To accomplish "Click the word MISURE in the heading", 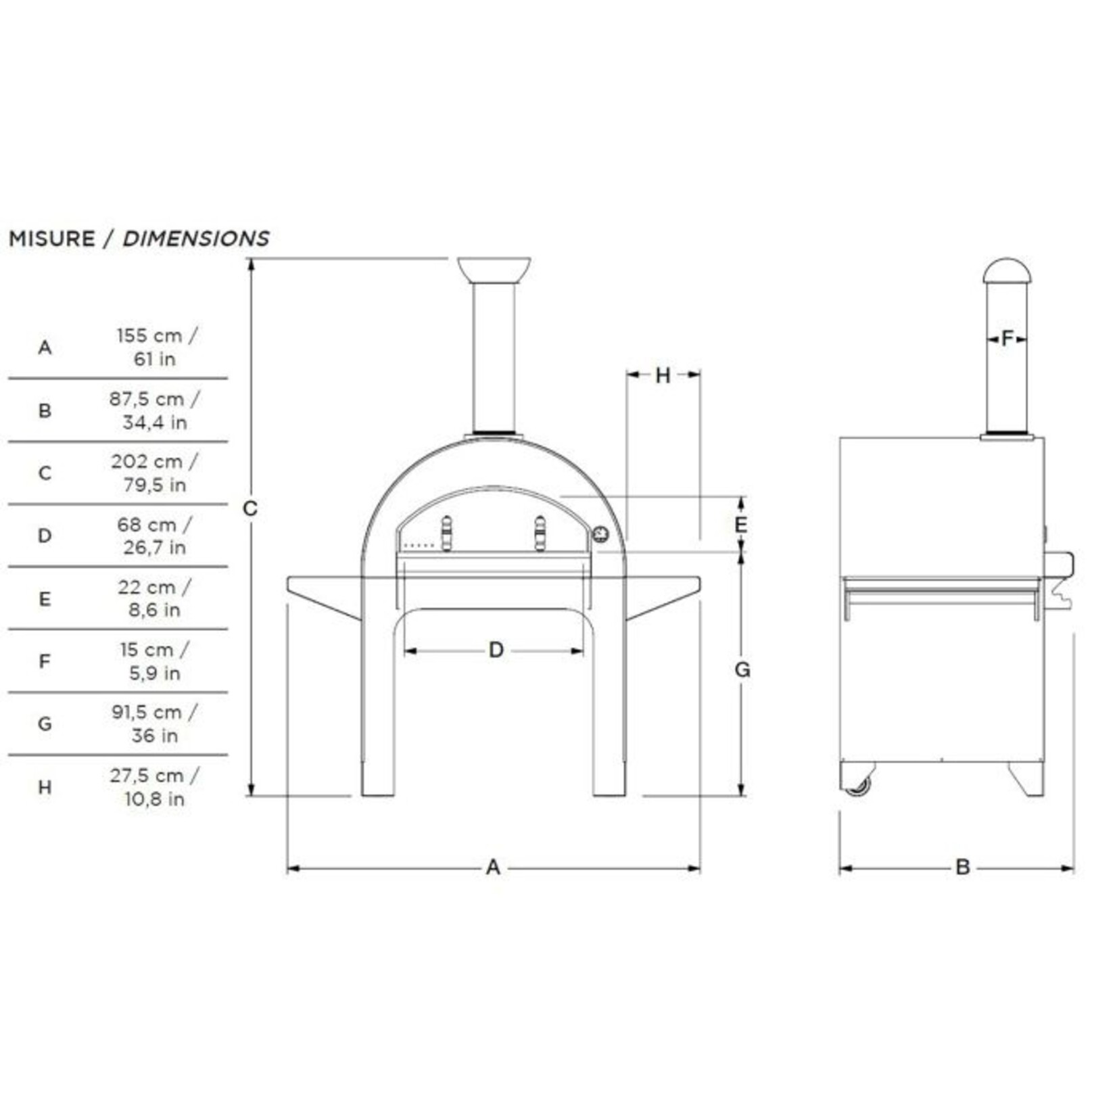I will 51,239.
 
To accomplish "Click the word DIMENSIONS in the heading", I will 195,239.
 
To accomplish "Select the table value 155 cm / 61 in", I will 156,347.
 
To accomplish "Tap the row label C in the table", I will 45,473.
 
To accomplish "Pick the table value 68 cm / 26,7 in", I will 154,536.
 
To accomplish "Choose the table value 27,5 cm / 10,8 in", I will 154,786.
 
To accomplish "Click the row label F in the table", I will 45,661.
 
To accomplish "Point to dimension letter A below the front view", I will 493,867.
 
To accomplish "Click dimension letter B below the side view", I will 962,867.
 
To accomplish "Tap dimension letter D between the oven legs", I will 496,650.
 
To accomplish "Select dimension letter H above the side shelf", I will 663,375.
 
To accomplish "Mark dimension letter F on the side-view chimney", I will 1007,338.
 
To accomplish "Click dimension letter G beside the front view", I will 742,669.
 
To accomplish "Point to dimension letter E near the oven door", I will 741,524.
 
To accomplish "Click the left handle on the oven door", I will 446,533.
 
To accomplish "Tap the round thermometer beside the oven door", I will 600,534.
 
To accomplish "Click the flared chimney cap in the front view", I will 494,269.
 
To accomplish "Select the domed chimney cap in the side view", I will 1007,270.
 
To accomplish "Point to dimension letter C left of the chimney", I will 250,508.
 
